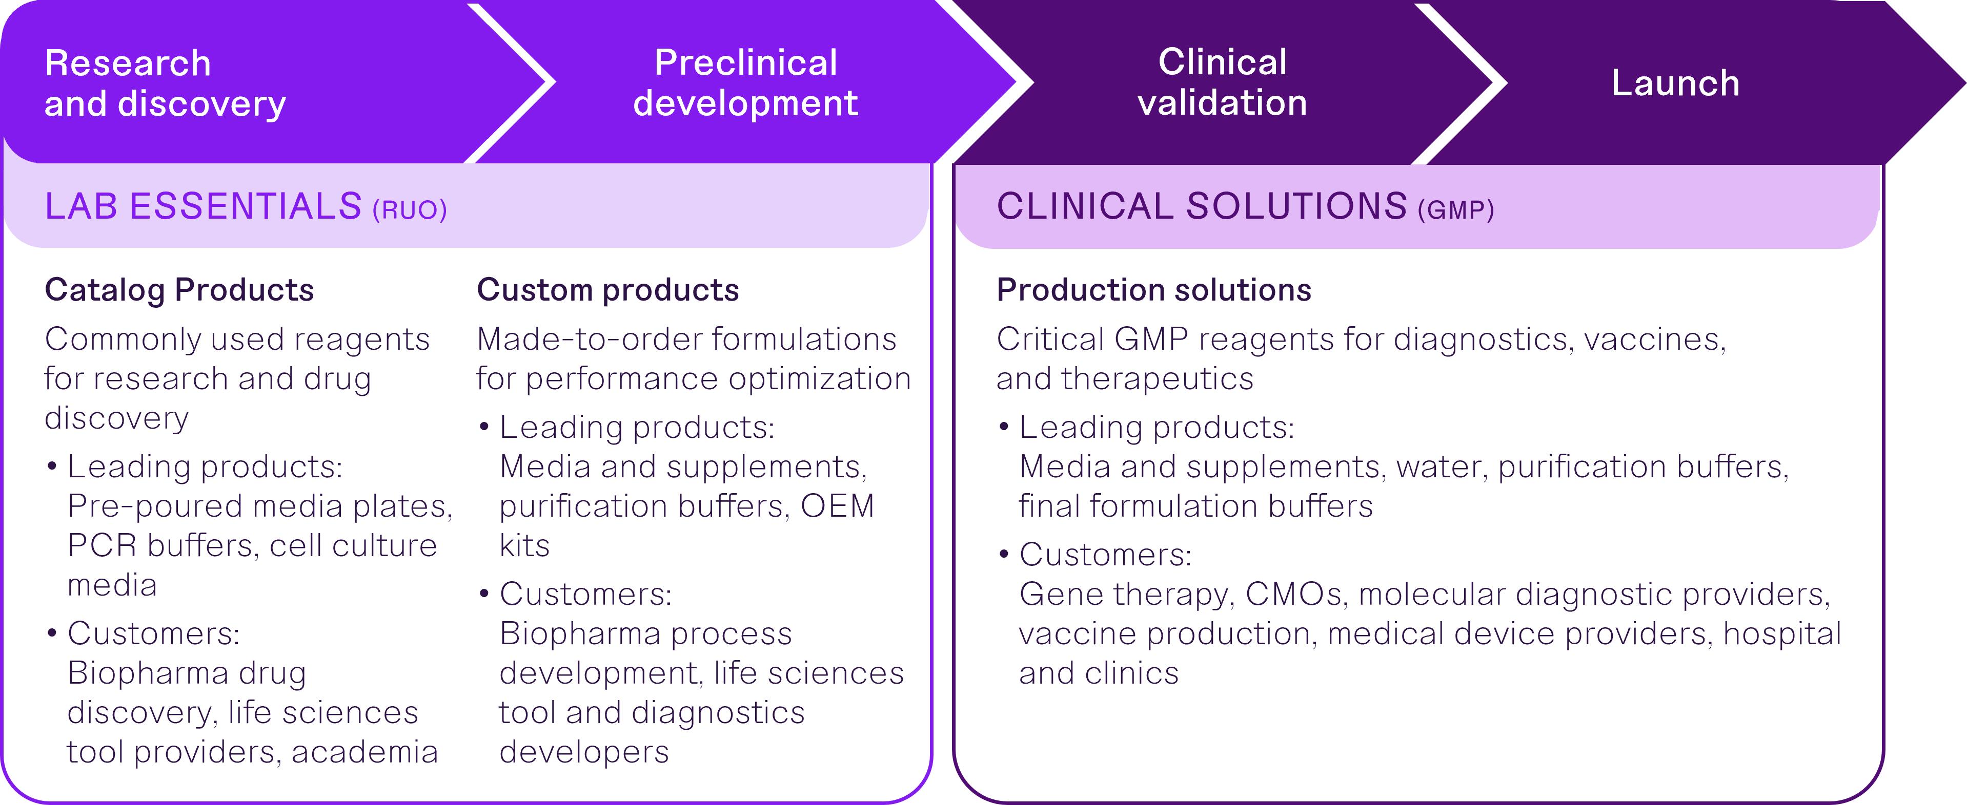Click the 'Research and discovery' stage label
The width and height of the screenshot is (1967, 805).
tap(165, 83)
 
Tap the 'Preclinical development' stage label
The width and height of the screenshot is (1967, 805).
tap(745, 82)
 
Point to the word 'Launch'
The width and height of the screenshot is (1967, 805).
tap(1675, 82)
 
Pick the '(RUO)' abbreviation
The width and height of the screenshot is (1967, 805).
tap(409, 209)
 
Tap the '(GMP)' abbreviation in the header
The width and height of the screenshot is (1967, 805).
tap(1455, 209)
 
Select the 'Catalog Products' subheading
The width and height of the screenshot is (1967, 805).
tap(179, 290)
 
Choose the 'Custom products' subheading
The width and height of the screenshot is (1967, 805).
tap(608, 290)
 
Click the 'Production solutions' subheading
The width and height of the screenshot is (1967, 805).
tap(1154, 290)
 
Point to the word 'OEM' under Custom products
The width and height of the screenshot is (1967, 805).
tap(837, 506)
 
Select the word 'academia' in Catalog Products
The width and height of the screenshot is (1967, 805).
tap(364, 752)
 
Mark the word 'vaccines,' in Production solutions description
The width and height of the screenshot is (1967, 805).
tap(1655, 340)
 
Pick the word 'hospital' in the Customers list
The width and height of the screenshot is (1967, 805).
tap(1782, 634)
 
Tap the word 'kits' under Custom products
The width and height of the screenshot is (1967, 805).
tap(524, 545)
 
